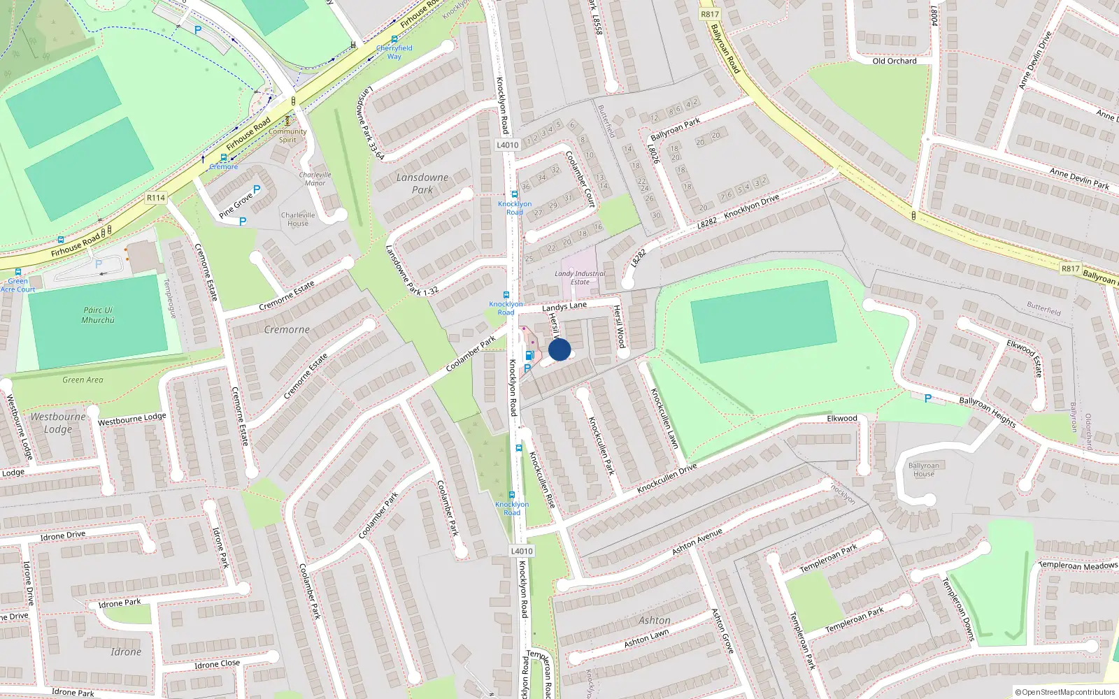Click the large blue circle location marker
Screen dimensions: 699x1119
coord(559,349)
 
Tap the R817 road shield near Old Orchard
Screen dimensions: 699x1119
coord(709,14)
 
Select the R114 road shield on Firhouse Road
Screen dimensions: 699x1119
coord(155,198)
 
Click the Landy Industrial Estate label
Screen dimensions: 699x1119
coord(580,278)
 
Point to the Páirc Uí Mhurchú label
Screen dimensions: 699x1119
coord(98,315)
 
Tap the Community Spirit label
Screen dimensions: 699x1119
coord(287,136)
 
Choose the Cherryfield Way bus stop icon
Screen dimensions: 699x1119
coord(394,40)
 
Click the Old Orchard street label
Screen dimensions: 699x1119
coord(895,61)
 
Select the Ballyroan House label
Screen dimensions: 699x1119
coord(923,470)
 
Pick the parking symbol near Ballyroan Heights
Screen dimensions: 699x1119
coord(927,398)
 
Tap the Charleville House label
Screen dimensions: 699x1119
coord(298,219)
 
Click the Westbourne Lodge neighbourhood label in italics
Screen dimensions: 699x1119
coord(58,423)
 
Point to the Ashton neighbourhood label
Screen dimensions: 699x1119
coord(655,620)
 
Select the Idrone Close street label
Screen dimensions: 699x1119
coord(217,664)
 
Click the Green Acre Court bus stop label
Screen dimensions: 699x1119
coord(18,285)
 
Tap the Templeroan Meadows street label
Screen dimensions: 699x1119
coord(1078,565)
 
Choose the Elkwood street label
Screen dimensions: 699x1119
coord(842,418)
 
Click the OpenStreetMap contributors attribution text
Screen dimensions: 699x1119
coord(1065,692)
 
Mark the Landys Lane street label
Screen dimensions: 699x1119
coord(564,306)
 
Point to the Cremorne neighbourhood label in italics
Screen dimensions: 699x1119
coord(287,329)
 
